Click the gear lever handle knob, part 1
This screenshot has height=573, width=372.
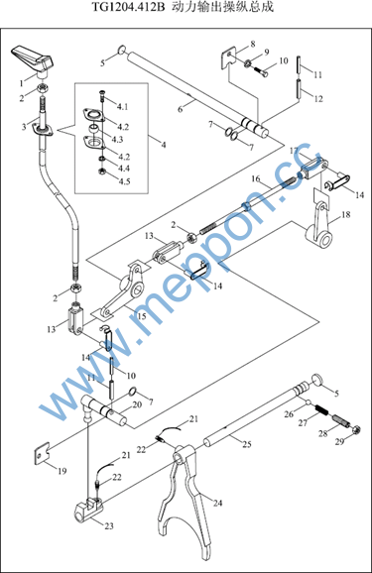[x=33, y=59]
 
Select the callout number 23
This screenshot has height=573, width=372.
[x=109, y=525]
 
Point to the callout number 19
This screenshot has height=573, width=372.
[x=62, y=471]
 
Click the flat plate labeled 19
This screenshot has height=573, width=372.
[x=42, y=453]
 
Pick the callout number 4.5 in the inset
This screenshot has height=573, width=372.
[x=124, y=181]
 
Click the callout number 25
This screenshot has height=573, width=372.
[x=247, y=444]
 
